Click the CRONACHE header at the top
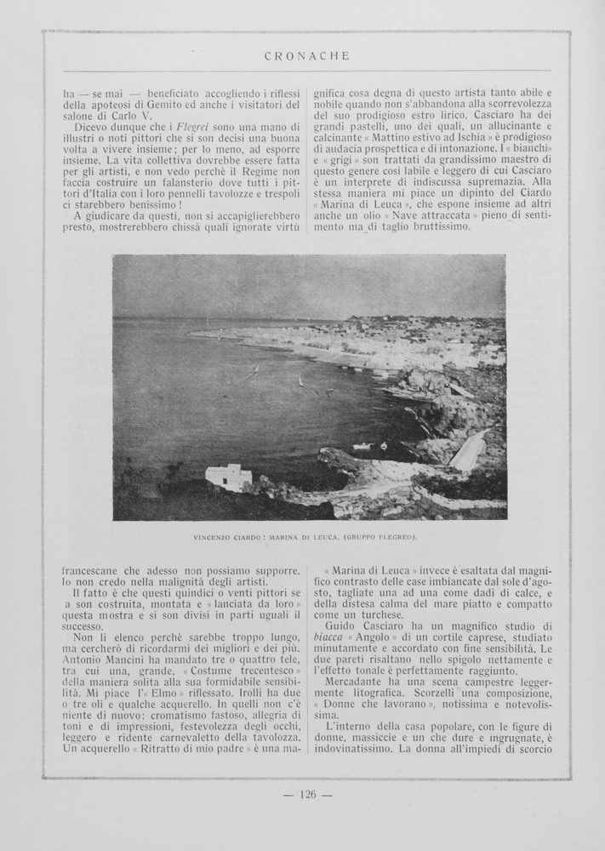tap(306, 57)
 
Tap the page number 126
tap(307, 795)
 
